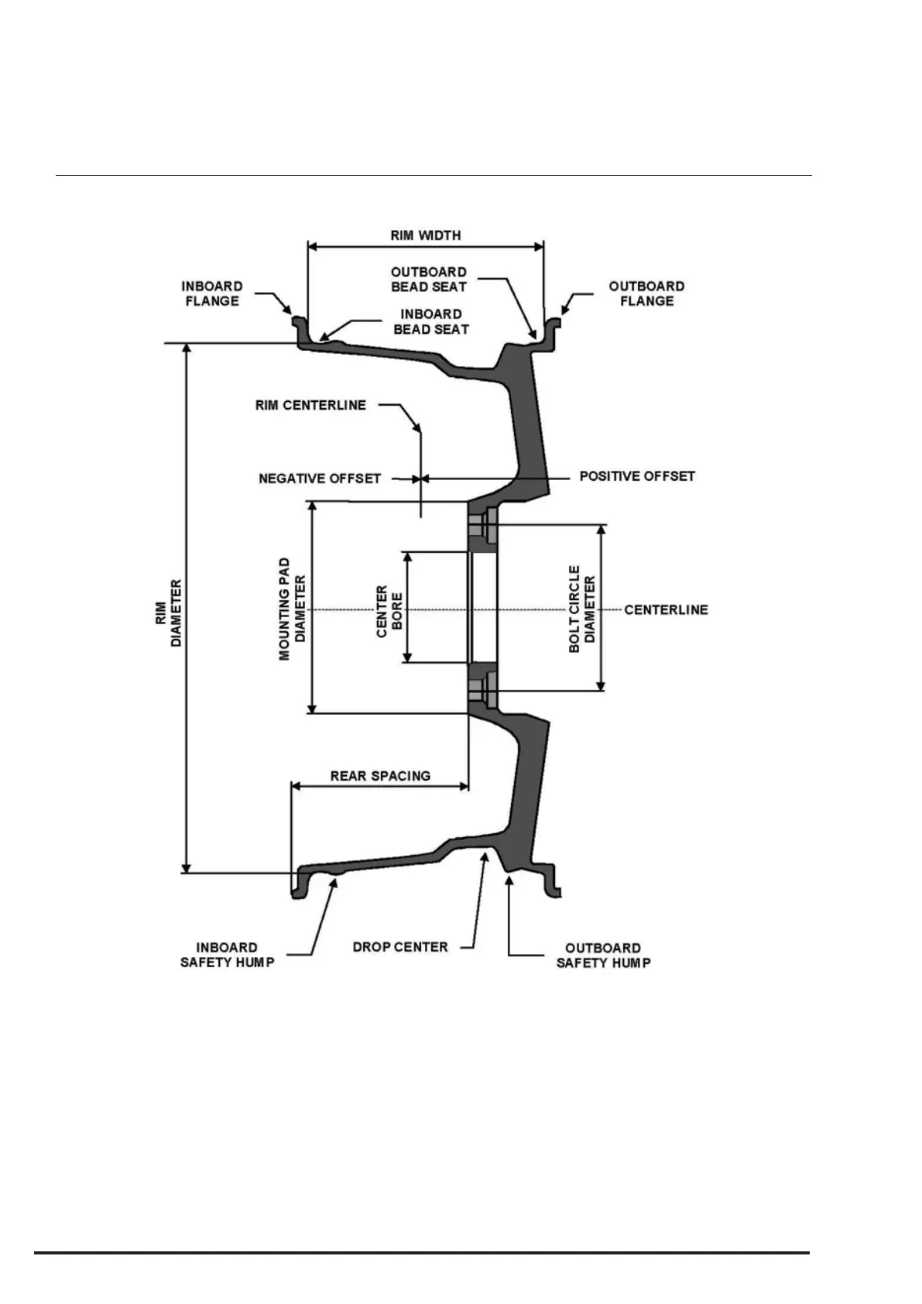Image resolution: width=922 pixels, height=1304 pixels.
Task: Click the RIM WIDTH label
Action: point(425,235)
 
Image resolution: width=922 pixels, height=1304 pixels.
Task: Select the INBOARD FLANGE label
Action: point(212,293)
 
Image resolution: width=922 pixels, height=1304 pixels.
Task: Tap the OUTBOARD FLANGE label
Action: point(646,293)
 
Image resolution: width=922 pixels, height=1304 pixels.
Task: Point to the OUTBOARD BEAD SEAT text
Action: point(428,280)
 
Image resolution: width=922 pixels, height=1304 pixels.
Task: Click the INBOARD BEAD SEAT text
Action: point(431,321)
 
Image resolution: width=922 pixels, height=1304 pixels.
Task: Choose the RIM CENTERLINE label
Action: point(310,405)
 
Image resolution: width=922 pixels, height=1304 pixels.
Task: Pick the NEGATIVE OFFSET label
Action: point(320,479)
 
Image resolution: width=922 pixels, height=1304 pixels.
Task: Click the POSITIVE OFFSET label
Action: point(637,476)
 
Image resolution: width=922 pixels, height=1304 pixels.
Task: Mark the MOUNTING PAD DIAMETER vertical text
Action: point(293,608)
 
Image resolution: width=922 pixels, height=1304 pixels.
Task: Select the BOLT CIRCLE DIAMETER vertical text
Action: point(582,609)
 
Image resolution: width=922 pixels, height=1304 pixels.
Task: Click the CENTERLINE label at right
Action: point(666,609)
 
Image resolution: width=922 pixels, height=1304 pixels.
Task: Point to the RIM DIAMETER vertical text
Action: point(168,613)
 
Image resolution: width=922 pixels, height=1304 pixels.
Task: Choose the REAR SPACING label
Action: point(380,776)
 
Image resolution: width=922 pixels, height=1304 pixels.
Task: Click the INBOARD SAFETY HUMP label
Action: point(227,955)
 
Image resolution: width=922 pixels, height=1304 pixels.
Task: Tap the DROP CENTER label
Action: point(400,947)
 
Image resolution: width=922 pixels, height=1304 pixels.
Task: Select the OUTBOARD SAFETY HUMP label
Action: point(603,956)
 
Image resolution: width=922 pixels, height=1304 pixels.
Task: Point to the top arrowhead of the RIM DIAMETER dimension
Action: point(186,349)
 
